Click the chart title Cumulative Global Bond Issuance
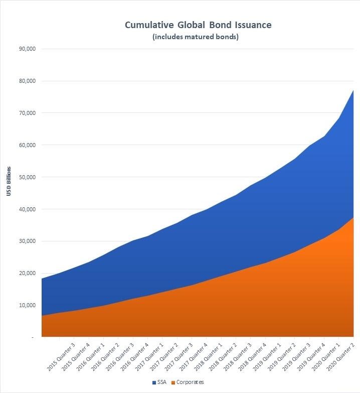click(x=198, y=25)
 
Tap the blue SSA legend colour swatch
click(x=153, y=382)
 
